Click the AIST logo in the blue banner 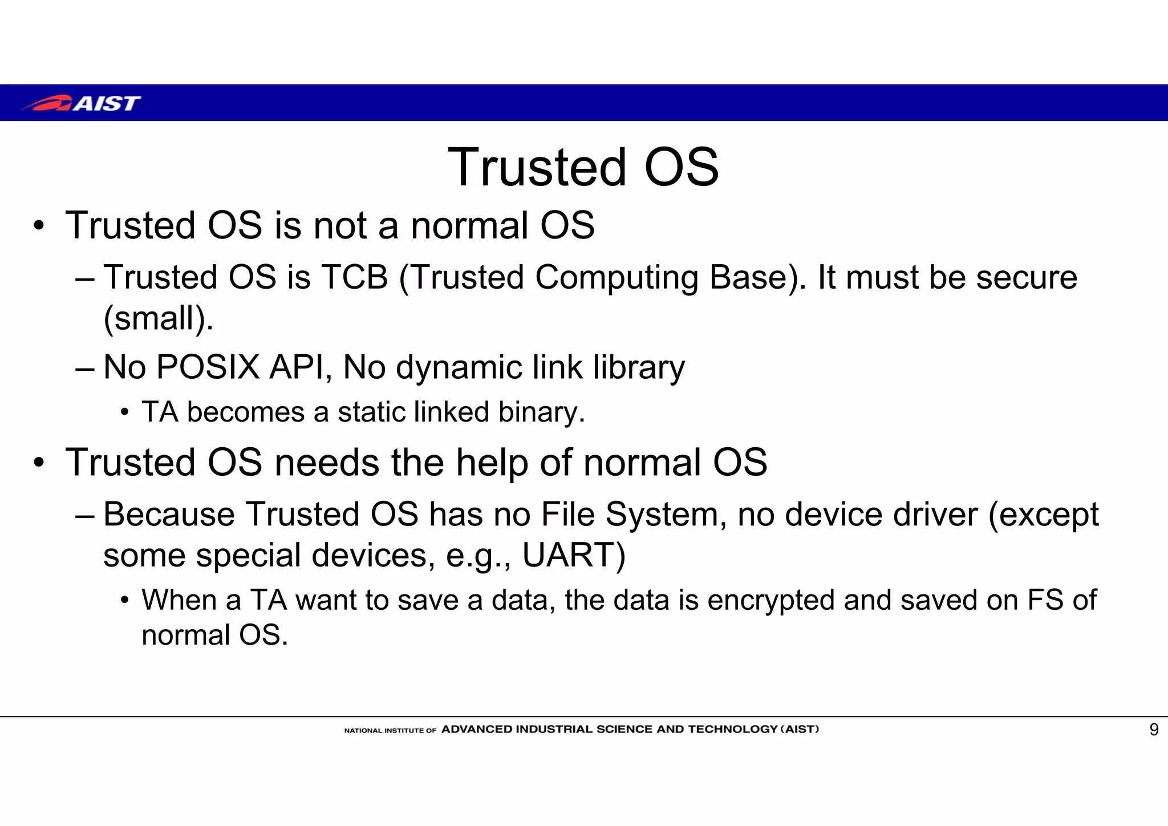[x=82, y=103]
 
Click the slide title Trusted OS [x=583, y=167]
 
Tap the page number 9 [x=1153, y=730]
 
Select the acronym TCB [x=355, y=278]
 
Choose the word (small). [x=158, y=318]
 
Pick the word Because [x=169, y=514]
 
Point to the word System [x=665, y=514]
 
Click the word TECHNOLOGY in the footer [x=733, y=730]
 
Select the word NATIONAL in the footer [x=363, y=731]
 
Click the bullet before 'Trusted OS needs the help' [x=38, y=463]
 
